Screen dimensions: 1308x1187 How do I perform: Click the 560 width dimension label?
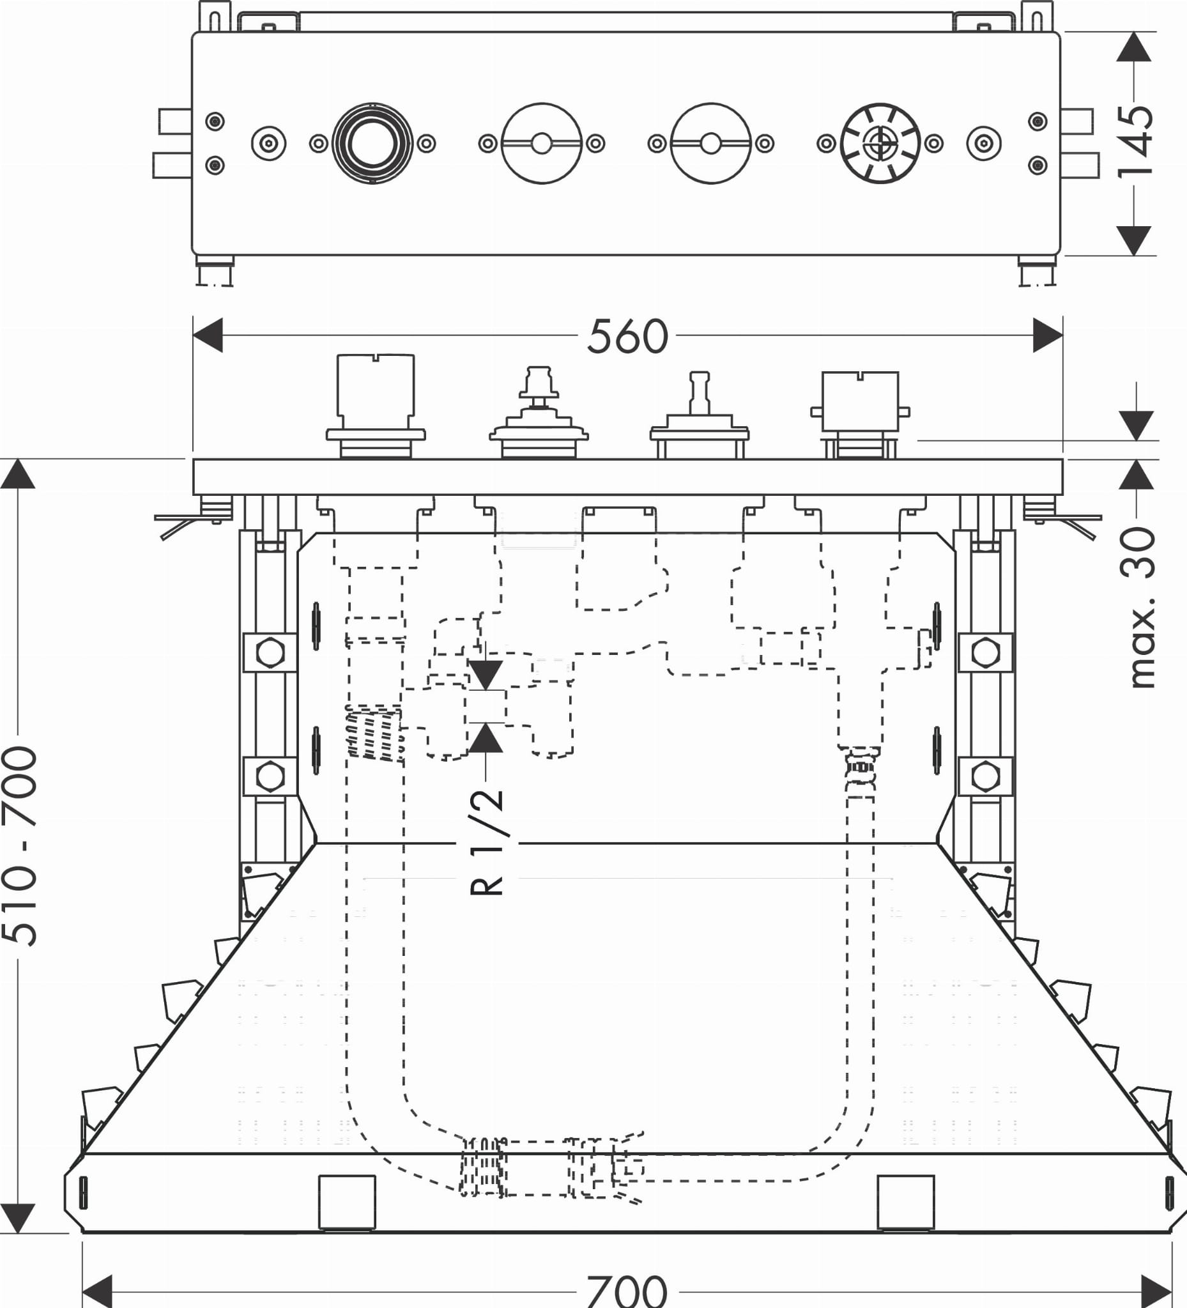[x=627, y=336]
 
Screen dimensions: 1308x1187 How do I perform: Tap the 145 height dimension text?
[x=1135, y=142]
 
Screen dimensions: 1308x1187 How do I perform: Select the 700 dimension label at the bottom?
[x=627, y=1291]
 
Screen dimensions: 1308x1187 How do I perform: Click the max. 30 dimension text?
[x=1139, y=607]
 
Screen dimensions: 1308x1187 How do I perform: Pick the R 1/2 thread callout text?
[x=486, y=842]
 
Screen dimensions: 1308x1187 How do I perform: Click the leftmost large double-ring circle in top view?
[x=372, y=143]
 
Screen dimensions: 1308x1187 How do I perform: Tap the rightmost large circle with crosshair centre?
[x=880, y=143]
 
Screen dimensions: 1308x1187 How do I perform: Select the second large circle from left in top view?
[x=542, y=143]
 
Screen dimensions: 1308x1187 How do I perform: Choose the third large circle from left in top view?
[x=711, y=143]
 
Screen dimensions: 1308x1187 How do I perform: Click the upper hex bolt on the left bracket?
[x=270, y=652]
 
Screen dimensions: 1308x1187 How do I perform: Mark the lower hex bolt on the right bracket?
[x=985, y=776]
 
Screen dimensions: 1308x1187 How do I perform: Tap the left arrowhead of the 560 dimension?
[x=208, y=335]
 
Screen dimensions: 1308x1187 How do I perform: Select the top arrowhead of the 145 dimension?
[x=1134, y=47]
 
